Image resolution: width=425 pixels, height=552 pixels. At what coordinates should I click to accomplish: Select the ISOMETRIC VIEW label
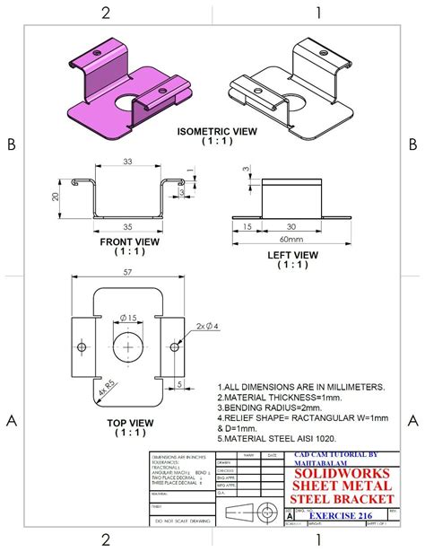[x=216, y=131]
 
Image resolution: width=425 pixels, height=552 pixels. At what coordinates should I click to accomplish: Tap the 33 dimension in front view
[x=127, y=162]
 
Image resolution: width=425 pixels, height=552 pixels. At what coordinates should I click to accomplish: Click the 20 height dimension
[x=55, y=197]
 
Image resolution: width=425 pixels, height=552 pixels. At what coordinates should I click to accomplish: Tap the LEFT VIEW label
[x=293, y=255]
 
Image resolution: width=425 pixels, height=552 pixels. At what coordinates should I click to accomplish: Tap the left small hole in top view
[x=82, y=346]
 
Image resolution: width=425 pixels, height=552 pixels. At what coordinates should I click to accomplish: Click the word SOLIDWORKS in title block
[x=343, y=472]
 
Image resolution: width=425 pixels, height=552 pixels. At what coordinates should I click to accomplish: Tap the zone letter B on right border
[x=412, y=144]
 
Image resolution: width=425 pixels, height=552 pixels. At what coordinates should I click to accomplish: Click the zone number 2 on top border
[x=106, y=13]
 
